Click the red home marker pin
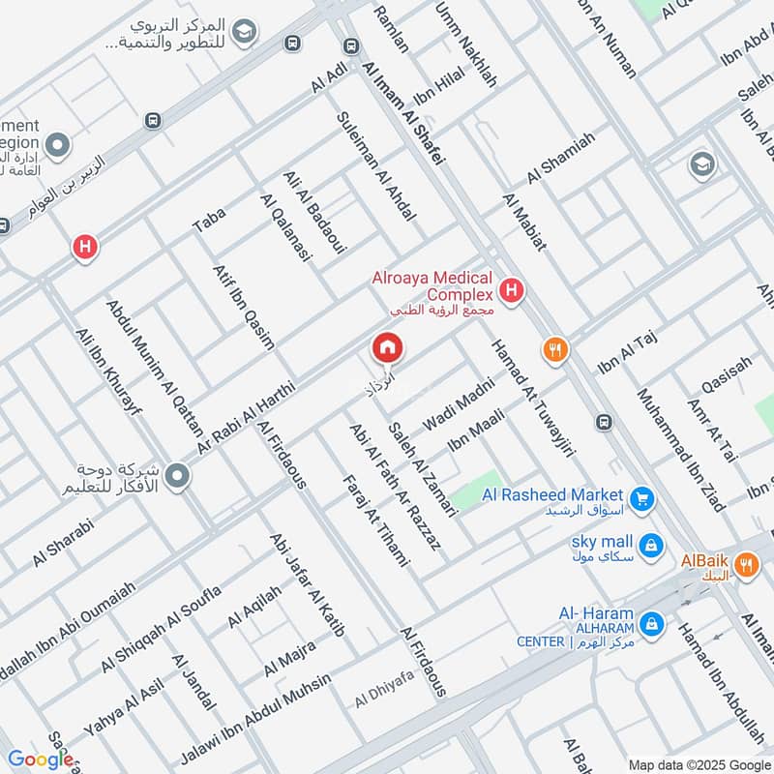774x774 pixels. click(x=387, y=347)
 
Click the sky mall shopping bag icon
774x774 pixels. click(x=653, y=545)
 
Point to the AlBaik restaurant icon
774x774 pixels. click(x=745, y=565)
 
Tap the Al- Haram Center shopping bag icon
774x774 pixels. click(x=653, y=622)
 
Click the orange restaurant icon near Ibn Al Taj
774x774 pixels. click(x=554, y=350)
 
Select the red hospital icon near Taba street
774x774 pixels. click(x=86, y=248)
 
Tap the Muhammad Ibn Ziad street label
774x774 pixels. click(x=668, y=442)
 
